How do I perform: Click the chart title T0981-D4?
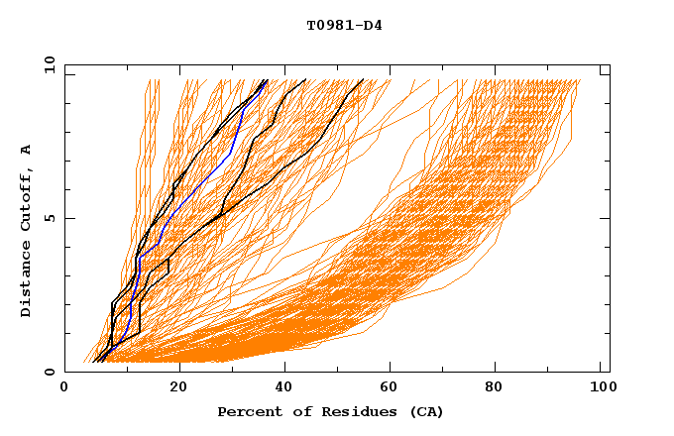tap(344, 26)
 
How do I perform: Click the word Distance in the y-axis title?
tap(26, 282)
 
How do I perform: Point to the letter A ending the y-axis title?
tap(26, 150)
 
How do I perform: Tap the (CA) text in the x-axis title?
tap(423, 411)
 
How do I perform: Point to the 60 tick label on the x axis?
tap(392, 388)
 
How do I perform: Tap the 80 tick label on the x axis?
tap(500, 388)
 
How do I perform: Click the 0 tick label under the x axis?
tap(65, 388)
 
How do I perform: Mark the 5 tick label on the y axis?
tap(49, 218)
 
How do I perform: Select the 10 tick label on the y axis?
tap(46, 64)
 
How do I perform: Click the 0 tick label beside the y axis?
tap(49, 372)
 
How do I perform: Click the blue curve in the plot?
tap(230, 154)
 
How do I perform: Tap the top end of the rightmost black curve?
tap(363, 80)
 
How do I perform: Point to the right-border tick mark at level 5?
tap(606, 218)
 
